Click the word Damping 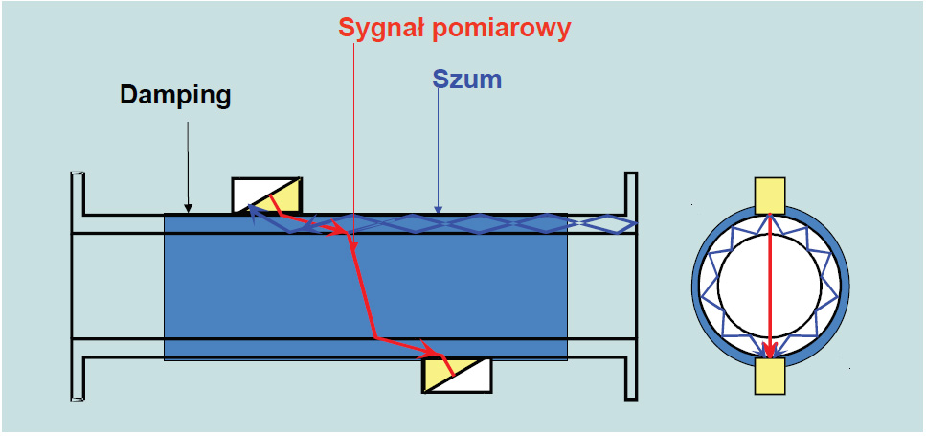[175, 96]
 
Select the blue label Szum [467, 80]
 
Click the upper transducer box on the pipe [267, 195]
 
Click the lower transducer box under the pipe [457, 375]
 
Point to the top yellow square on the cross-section [770, 195]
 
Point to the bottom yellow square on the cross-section [770, 376]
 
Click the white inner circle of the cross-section [770, 286]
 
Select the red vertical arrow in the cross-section [770, 287]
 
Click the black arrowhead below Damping [188, 207]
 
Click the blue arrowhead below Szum [437, 208]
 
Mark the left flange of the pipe [78, 286]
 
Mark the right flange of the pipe [631, 286]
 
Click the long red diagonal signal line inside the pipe [363, 288]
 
